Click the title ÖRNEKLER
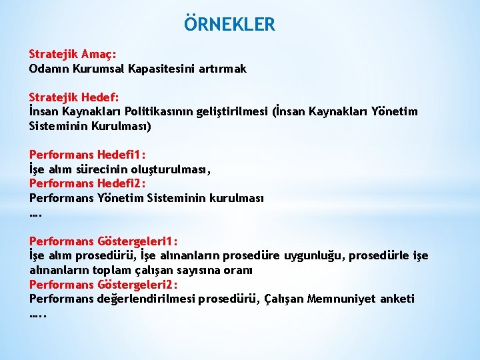[x=229, y=25]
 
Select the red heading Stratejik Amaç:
[x=73, y=55]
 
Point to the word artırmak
[x=223, y=68]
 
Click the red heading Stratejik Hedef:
[x=73, y=97]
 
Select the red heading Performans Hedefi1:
[x=87, y=155]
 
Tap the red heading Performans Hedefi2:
[x=87, y=183]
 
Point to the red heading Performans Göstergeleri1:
[x=103, y=241]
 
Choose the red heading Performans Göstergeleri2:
[x=103, y=285]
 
